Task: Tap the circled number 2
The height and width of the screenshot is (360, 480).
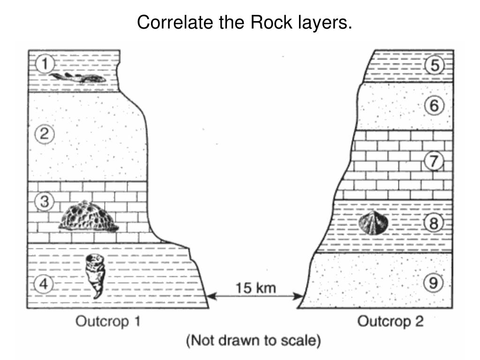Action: point(44,135)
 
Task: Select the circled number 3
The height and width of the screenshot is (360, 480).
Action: point(44,202)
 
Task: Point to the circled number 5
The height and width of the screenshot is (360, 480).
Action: point(434,66)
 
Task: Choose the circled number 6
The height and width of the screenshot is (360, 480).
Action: point(434,106)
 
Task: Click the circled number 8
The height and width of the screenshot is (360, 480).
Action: point(434,224)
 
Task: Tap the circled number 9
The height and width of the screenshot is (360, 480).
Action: point(434,282)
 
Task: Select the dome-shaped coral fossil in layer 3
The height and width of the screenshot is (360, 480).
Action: point(89,216)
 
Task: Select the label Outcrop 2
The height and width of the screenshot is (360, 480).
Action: point(390,321)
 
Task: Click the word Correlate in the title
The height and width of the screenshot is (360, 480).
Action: point(169,22)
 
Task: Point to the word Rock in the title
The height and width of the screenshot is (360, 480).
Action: point(266,22)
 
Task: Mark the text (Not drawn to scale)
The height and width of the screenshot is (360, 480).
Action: point(254,341)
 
